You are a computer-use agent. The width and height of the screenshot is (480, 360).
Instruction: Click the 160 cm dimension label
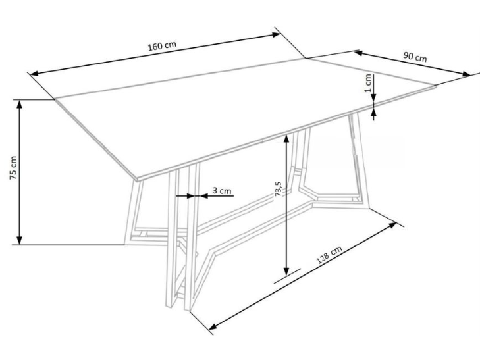pyautogui.click(x=162, y=46)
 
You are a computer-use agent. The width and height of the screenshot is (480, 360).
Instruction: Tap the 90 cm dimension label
pyautogui.click(x=415, y=57)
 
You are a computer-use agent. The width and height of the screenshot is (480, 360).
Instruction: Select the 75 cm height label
pyautogui.click(x=13, y=168)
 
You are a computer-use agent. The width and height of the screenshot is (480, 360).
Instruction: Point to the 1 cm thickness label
pyautogui.click(x=368, y=83)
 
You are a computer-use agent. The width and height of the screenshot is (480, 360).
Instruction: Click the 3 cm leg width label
pyautogui.click(x=222, y=191)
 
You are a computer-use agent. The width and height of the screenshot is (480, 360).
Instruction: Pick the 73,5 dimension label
pyautogui.click(x=279, y=189)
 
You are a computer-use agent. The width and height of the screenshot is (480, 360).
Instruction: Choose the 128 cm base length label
pyautogui.click(x=329, y=255)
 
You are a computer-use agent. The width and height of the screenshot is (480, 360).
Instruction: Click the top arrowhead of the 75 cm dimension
pyautogui.click(x=19, y=104)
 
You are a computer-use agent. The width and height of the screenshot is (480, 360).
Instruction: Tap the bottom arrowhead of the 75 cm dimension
pyautogui.click(x=19, y=240)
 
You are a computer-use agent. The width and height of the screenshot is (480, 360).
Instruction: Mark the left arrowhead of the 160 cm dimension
pyautogui.click(x=34, y=74)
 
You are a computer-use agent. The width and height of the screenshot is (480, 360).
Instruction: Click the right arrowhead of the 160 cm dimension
pyautogui.click(x=276, y=34)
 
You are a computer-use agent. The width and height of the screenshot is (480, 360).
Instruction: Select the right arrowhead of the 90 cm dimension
pyautogui.click(x=466, y=74)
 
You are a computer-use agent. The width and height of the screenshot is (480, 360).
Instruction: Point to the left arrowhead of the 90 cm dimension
pyautogui.click(x=359, y=53)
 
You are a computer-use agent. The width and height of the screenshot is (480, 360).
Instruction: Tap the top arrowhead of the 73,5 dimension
pyautogui.click(x=286, y=139)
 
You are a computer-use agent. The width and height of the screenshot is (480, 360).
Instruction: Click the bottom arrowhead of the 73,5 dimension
pyautogui.click(x=286, y=270)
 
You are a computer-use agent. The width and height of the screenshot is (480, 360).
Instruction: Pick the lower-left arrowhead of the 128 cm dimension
pyautogui.click(x=213, y=326)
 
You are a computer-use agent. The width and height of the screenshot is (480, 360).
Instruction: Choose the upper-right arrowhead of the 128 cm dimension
pyautogui.click(x=392, y=225)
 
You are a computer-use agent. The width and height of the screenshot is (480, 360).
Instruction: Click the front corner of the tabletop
pyautogui.click(x=137, y=179)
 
